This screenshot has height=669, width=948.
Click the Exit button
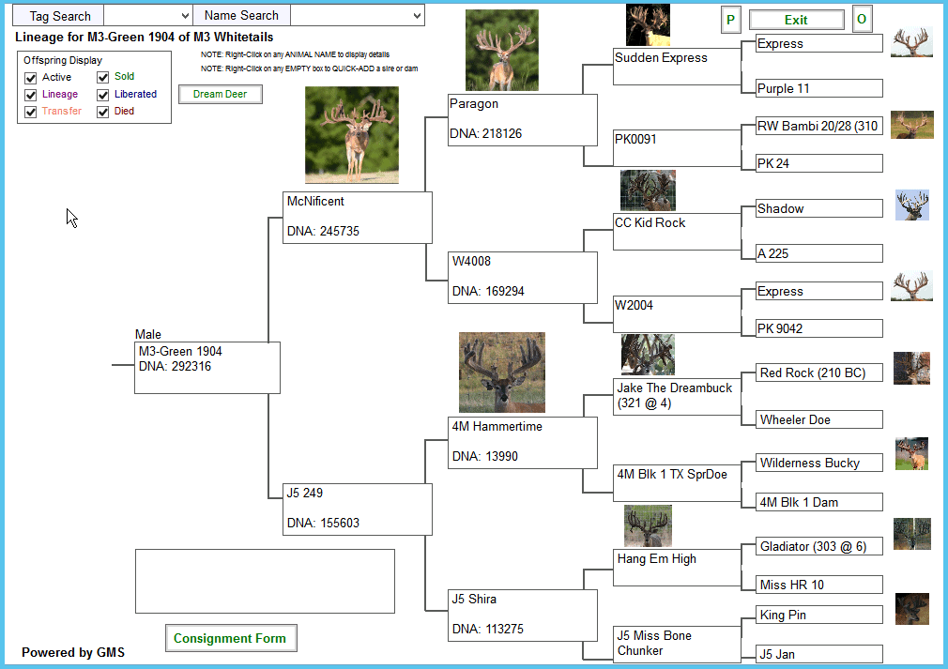coord(796,20)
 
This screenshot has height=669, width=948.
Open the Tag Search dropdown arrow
coord(185,16)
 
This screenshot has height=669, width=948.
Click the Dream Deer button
coord(220,94)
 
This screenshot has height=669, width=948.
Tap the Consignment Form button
coord(230,638)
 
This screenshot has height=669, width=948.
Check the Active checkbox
coord(31,78)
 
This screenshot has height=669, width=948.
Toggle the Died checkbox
coord(103,112)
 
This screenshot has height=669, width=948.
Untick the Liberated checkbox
coord(103,95)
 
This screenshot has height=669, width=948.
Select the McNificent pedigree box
coord(358,218)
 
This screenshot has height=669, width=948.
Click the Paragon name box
coord(523,120)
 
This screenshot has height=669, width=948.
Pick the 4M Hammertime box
coord(523,442)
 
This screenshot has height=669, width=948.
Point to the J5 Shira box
coord(523,616)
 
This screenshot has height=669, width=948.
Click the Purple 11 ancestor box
coord(819,88)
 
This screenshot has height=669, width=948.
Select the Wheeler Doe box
coord(819,419)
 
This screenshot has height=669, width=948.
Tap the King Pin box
coord(819,615)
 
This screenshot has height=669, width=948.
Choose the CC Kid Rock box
coord(677,232)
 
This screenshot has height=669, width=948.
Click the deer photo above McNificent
coord(352,135)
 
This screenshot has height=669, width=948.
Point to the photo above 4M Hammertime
coord(502,373)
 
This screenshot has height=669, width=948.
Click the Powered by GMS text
coord(73,653)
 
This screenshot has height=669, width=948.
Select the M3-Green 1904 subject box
coord(207,368)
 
